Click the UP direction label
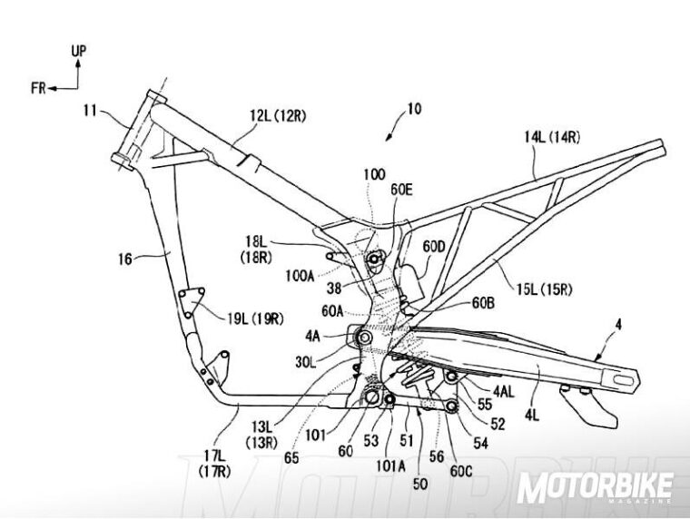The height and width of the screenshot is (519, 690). pos(79,52)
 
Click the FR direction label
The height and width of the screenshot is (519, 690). pos(37,88)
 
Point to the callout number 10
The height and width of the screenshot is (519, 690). pos(413,110)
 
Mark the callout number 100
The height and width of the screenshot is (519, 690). pos(373,173)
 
